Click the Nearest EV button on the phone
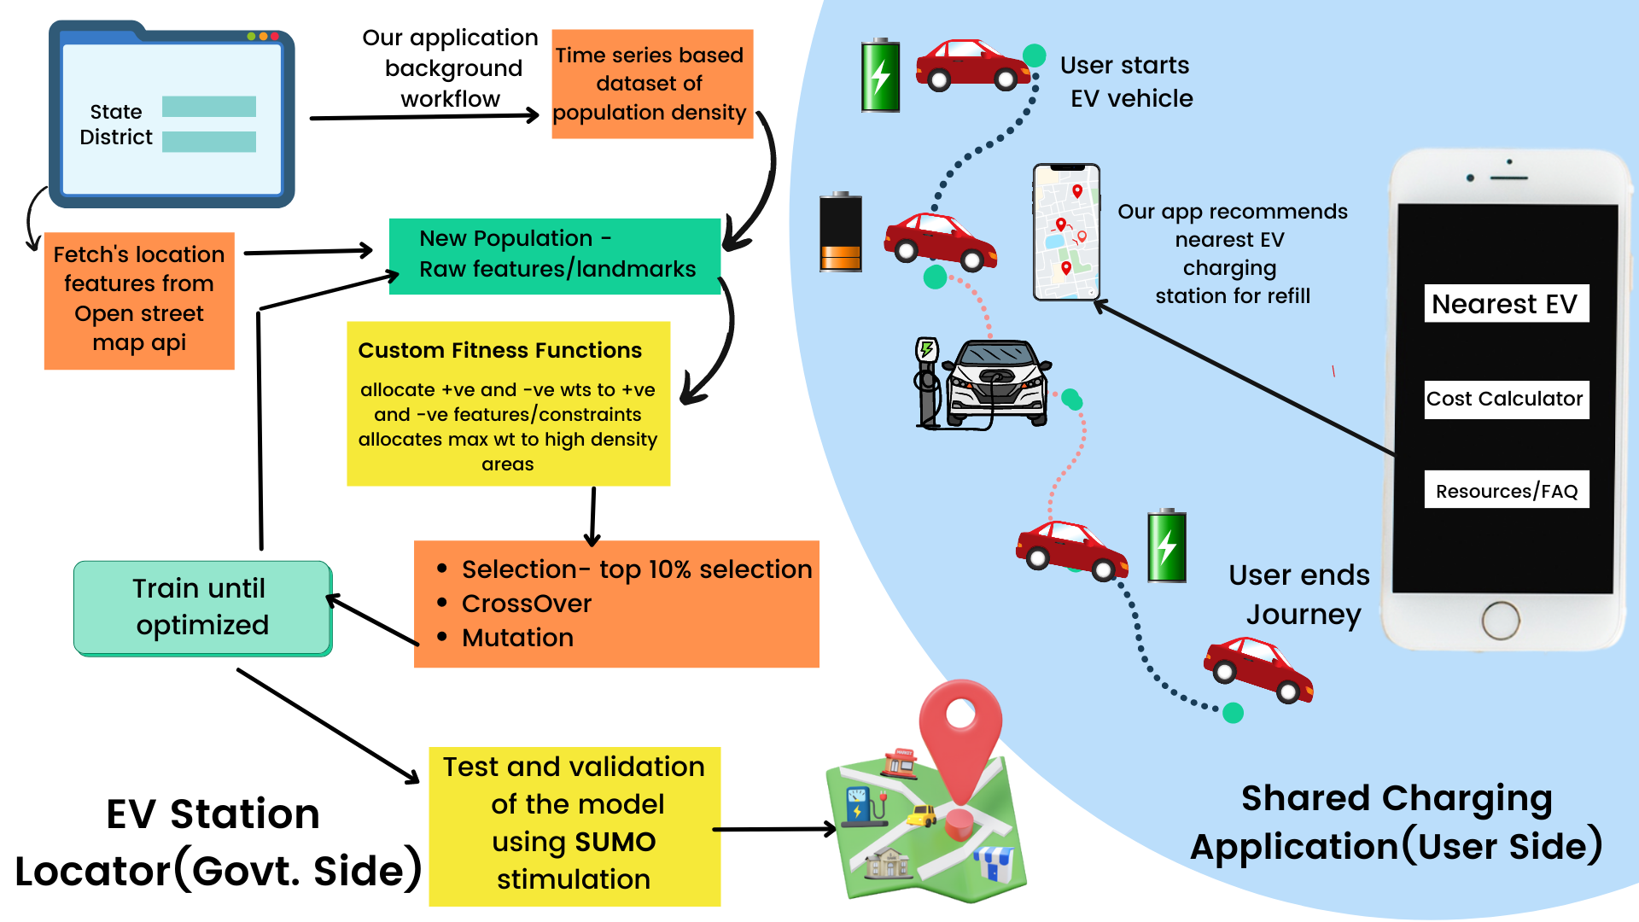click(1506, 304)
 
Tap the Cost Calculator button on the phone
click(1506, 399)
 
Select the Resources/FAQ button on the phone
click(1506, 490)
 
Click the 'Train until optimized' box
click(202, 607)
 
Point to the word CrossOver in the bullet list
click(526, 604)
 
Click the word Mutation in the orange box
click(517, 638)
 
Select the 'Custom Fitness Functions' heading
click(499, 350)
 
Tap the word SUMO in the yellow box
click(615, 842)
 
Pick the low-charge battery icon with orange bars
click(841, 232)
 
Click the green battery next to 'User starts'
click(880, 75)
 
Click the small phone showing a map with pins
click(1066, 232)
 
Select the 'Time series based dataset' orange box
click(651, 84)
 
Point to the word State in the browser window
click(116, 112)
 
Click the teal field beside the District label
click(209, 141)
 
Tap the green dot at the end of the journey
click(1233, 713)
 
